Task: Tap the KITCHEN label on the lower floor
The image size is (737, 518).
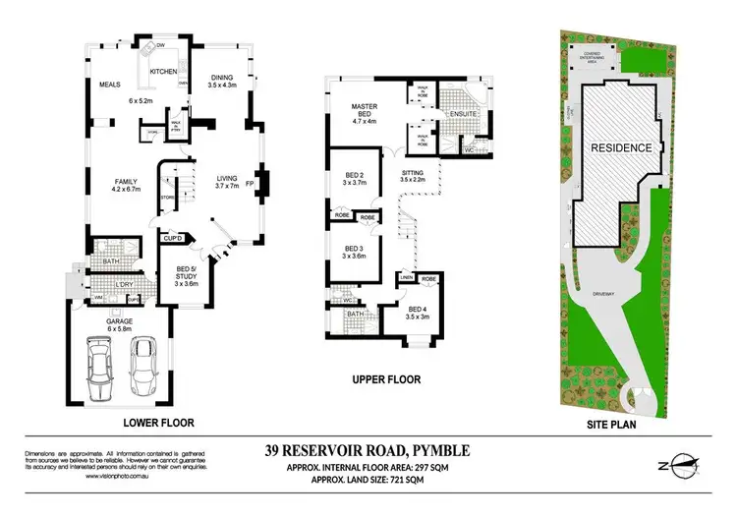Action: pos(163,72)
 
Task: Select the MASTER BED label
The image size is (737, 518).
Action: pos(365,111)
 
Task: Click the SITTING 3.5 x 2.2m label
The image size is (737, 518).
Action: pos(412,175)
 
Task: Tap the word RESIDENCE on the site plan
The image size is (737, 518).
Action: pos(621,147)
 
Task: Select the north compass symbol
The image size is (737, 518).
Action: pos(676,466)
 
